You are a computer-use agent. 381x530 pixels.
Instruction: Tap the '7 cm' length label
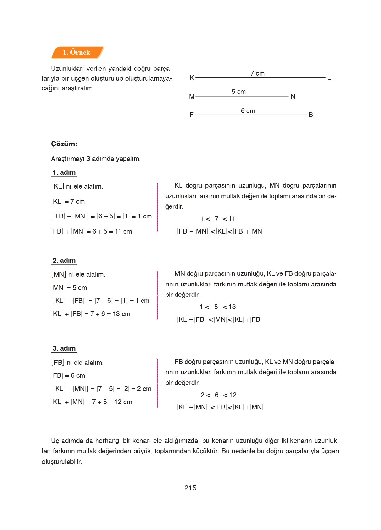257,73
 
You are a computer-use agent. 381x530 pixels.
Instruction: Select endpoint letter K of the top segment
192,78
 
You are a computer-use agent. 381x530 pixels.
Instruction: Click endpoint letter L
329,78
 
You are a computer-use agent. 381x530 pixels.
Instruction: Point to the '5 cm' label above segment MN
238,92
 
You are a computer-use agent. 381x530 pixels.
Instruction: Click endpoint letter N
293,97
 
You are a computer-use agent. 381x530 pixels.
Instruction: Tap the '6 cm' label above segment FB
248,111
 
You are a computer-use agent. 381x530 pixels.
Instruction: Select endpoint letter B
311,115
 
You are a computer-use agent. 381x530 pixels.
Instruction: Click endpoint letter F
192,115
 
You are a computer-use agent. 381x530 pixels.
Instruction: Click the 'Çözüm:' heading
64,144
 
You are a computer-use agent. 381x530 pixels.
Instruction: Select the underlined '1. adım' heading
64,172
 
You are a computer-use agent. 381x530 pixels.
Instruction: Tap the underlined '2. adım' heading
64,261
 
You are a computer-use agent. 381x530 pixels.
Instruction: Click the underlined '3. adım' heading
64,348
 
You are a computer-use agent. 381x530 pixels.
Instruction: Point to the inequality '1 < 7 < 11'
218,219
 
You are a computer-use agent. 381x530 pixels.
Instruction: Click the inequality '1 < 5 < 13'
217,307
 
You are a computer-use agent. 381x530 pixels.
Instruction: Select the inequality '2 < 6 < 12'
218,395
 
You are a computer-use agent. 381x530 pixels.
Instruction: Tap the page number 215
190,488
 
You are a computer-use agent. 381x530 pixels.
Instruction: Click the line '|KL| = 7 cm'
68,201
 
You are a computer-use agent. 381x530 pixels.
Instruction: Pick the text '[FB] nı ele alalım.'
77,363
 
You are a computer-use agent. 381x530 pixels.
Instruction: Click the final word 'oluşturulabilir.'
62,462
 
